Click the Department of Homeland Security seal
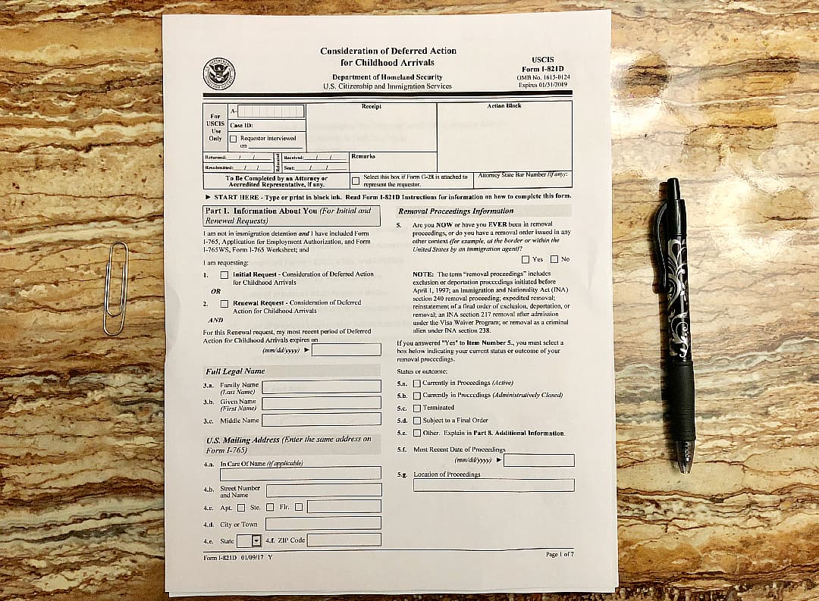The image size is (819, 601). pos(219,74)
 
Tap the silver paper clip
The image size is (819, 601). pos(115,288)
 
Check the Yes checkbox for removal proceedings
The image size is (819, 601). pos(526,259)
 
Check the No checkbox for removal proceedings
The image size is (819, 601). pos(554,259)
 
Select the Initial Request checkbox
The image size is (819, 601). pos(224,275)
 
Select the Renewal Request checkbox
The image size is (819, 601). pos(224,303)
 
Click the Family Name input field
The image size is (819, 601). pos(321,387)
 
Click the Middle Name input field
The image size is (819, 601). pos(321,419)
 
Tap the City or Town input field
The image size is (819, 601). pos(323,523)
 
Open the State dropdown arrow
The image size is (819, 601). pos(256,540)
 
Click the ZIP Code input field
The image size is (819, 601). pos(344,540)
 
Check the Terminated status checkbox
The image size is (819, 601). pos(417,408)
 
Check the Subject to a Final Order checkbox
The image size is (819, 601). pos(417,420)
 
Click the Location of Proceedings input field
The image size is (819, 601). pos(493,485)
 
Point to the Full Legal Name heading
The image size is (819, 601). pos(235,371)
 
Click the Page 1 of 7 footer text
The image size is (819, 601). pos(560,555)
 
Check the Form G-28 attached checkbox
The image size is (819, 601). pos(356,180)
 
